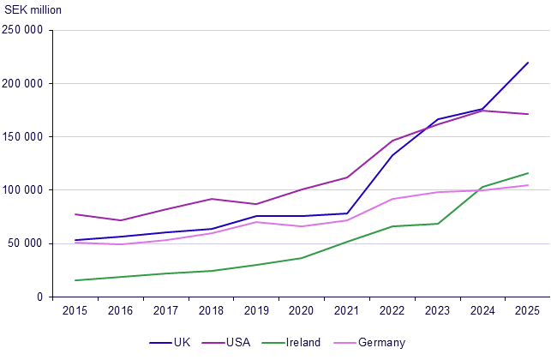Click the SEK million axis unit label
[x=33, y=9]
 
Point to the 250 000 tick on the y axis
[x=24, y=31]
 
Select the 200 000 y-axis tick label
[x=24, y=84]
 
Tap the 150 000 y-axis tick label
[x=24, y=137]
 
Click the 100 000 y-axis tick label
[x=24, y=190]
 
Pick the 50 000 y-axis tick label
[x=27, y=243]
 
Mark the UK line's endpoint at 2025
[x=528, y=63]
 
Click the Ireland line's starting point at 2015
[x=75, y=280]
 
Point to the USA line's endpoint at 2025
[x=528, y=114]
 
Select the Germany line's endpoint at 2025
[x=528, y=185]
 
